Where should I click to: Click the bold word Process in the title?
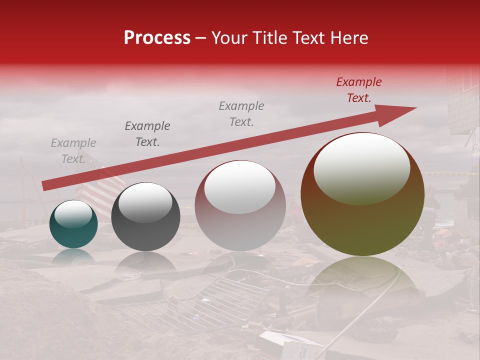pyautogui.click(x=157, y=38)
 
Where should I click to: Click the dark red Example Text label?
pyautogui.click(x=358, y=90)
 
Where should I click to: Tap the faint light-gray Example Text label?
pyautogui.click(x=73, y=151)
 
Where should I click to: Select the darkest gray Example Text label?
pyautogui.click(x=147, y=134)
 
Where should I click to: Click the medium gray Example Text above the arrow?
pyautogui.click(x=241, y=114)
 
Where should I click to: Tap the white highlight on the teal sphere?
pyautogui.click(x=73, y=214)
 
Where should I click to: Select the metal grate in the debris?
pyautogui.click(x=200, y=305)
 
